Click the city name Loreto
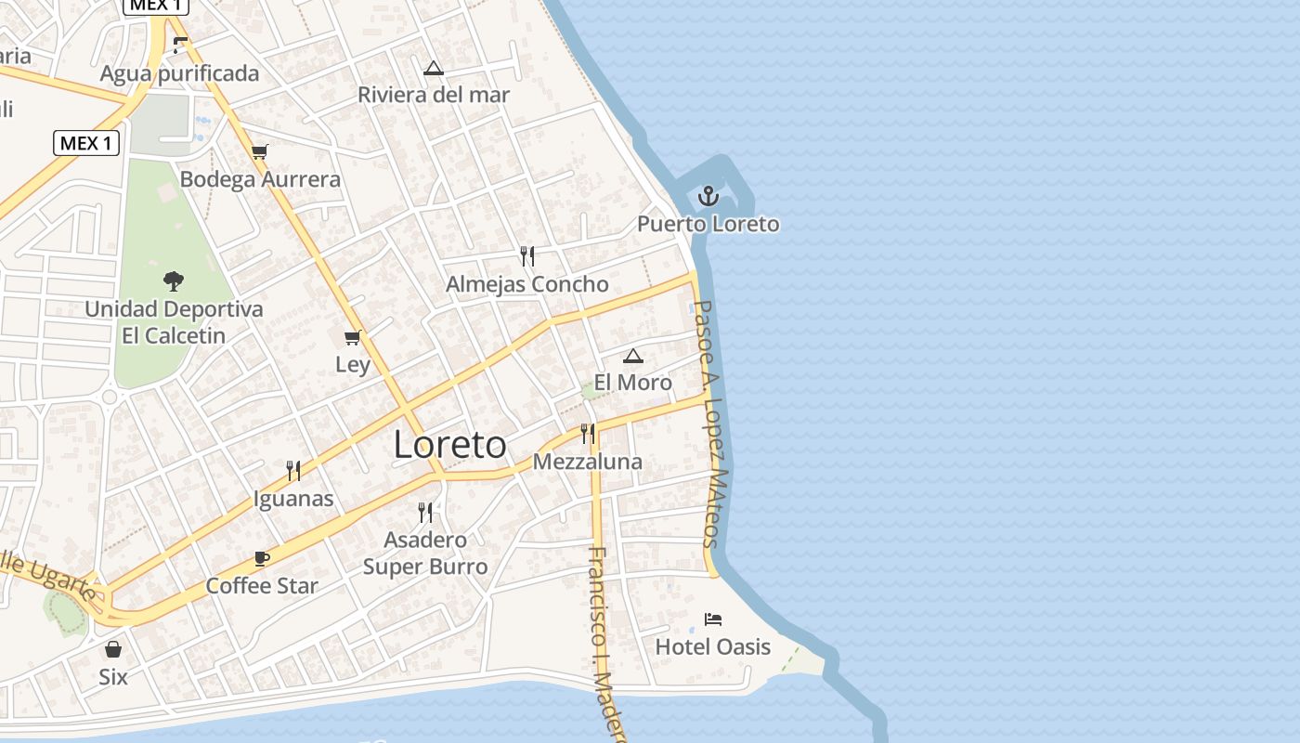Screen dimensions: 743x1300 tap(450, 445)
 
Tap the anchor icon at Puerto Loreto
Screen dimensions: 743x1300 tap(708, 196)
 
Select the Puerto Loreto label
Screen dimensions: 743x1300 tap(708, 224)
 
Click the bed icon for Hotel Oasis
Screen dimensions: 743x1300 tap(713, 619)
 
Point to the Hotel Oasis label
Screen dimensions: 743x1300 tap(713, 646)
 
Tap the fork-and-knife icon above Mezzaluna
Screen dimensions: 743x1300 tap(587, 434)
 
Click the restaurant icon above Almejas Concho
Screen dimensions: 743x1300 tap(527, 256)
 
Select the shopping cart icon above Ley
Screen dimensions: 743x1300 tap(352, 337)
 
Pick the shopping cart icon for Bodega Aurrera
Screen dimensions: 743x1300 tap(260, 151)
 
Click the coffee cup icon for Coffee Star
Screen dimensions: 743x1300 tap(262, 558)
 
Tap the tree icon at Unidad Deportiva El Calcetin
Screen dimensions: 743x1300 tap(174, 280)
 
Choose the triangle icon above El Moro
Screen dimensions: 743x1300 tap(633, 355)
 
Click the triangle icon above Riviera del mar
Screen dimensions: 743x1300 tap(434, 68)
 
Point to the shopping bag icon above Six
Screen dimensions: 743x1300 tap(113, 649)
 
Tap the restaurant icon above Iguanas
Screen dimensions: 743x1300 tap(293, 471)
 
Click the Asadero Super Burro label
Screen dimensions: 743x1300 tap(425, 553)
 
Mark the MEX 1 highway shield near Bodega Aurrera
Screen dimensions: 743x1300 tap(86, 143)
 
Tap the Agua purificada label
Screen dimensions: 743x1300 tap(179, 73)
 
